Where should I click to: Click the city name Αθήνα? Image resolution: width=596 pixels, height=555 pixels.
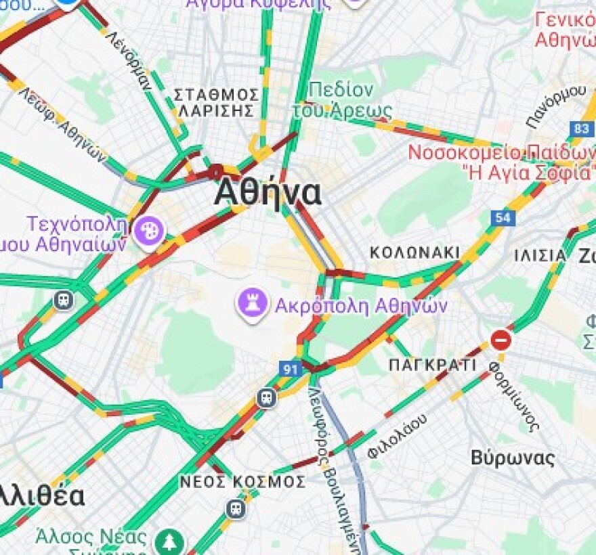pos(268,194)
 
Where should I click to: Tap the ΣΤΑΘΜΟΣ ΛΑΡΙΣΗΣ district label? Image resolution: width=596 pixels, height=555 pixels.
pos(216,102)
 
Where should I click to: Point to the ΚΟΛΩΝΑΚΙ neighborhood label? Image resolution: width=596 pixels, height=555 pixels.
pos(414,252)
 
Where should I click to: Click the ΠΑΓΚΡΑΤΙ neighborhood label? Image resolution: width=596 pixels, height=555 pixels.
pos(433,365)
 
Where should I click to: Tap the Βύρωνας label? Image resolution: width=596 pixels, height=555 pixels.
pos(513,458)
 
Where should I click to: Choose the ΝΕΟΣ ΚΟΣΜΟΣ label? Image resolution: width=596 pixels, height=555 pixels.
pos(242,481)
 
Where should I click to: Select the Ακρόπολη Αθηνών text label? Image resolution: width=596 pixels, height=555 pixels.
pos(361,305)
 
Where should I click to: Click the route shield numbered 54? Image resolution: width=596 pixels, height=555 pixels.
pos(504,217)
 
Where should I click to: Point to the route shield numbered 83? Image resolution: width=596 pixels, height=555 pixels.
pos(581,128)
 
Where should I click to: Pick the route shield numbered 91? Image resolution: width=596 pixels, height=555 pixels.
pos(290,369)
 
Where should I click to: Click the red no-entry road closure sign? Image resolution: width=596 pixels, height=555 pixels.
pos(501,339)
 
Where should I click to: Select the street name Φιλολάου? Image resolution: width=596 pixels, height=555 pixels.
pos(398,437)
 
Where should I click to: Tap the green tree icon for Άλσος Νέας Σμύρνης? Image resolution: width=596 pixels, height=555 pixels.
pos(168,541)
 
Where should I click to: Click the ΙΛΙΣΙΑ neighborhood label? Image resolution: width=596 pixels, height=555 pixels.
pos(540,255)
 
